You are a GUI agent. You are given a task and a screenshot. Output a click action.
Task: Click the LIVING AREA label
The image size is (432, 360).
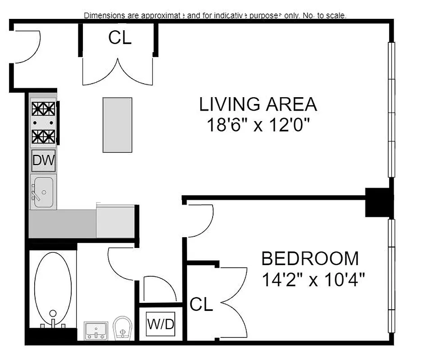[x=258, y=104]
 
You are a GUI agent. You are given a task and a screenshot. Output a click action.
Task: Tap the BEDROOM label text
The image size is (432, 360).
[x=310, y=259]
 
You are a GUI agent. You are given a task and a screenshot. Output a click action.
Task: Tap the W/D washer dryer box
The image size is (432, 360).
[x=160, y=324]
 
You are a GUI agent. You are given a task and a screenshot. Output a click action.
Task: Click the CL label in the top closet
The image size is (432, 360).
[x=120, y=38]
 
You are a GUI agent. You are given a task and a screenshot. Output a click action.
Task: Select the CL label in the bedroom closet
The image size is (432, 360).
[x=201, y=305]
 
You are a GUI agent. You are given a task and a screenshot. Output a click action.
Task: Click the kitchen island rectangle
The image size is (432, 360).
[x=117, y=125]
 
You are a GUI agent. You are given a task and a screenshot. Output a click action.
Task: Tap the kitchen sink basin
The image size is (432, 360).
[x=44, y=193]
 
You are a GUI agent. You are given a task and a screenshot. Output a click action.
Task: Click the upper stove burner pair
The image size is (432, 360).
[x=44, y=109]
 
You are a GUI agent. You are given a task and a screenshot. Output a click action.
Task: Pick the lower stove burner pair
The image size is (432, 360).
[x=44, y=136]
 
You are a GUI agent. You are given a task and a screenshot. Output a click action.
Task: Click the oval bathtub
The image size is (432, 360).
[x=53, y=288]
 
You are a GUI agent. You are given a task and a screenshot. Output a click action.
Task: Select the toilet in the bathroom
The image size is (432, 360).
[x=122, y=328]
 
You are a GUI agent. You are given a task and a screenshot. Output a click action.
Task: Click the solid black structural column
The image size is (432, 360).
[x=379, y=202]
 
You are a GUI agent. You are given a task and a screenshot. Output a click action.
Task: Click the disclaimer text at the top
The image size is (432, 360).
[x=215, y=16]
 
